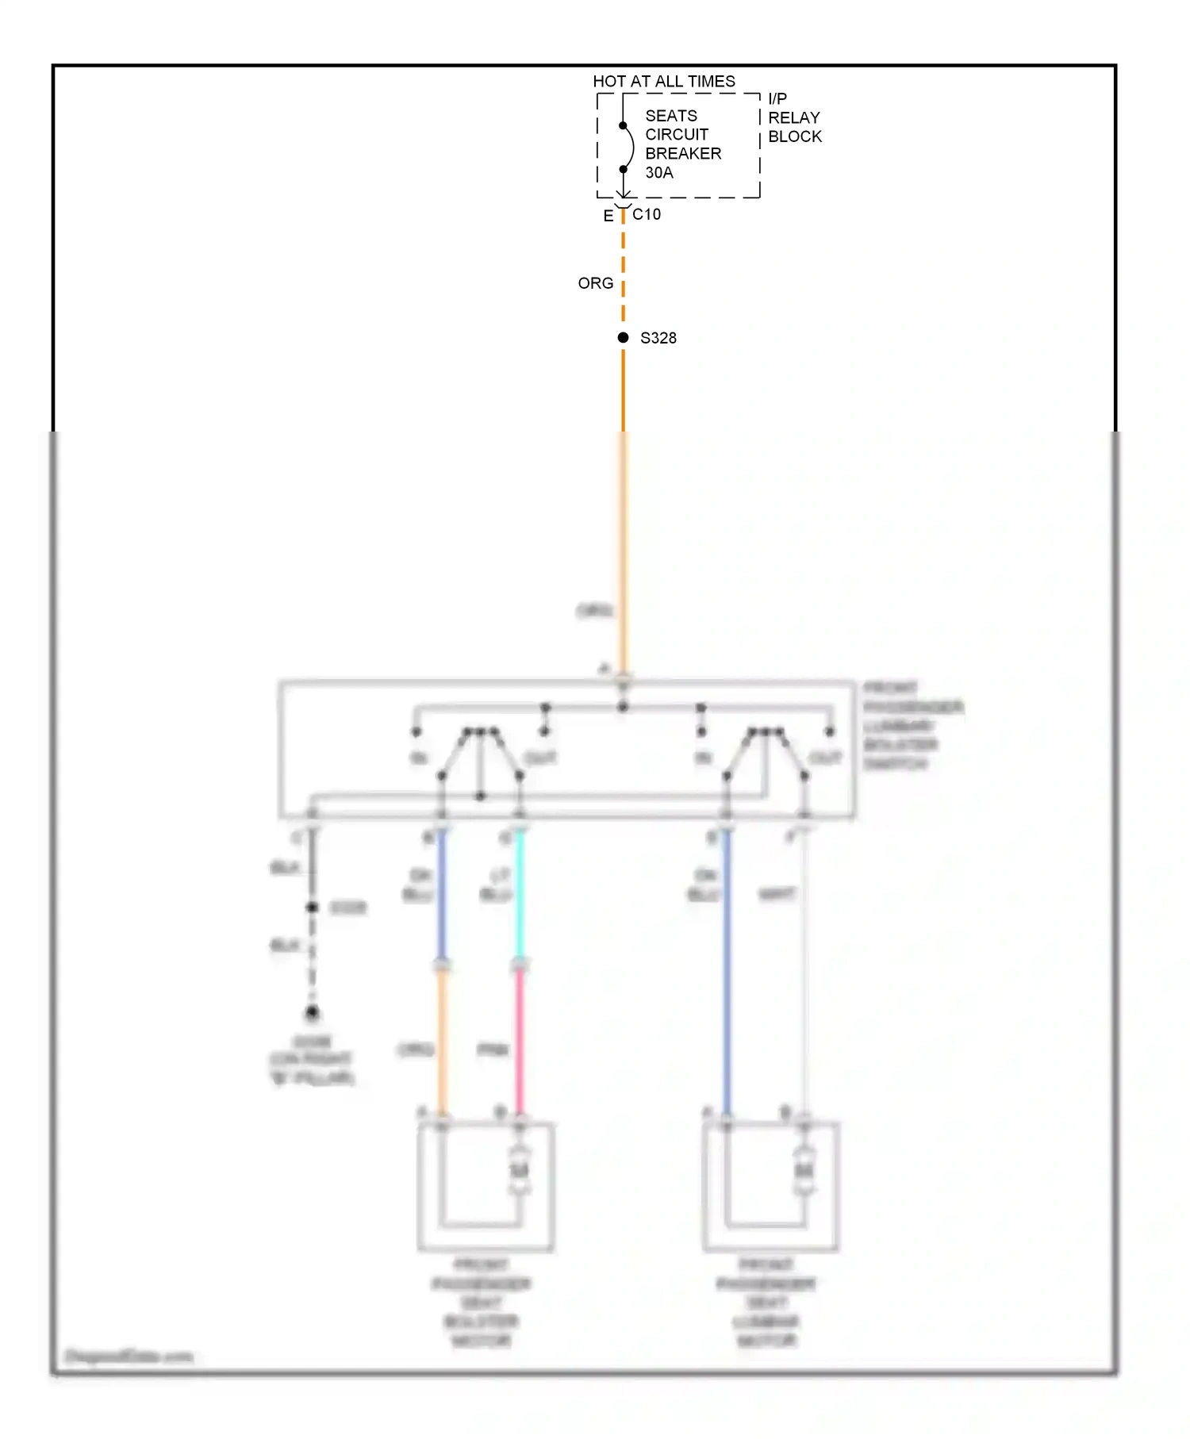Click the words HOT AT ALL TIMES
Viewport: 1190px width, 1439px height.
coord(664,81)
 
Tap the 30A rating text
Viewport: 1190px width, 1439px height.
coord(659,172)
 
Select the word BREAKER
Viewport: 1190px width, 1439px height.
coord(683,153)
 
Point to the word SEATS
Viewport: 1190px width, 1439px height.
coord(671,116)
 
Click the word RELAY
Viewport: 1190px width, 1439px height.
coord(794,117)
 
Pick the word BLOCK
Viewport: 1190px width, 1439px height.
coord(795,136)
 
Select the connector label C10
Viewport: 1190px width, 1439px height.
coord(647,214)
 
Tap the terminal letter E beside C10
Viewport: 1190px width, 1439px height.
coord(608,216)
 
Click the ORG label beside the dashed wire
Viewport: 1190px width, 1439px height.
coord(596,283)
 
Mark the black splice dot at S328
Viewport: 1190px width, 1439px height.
coord(624,338)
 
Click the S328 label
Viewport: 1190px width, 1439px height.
coord(658,338)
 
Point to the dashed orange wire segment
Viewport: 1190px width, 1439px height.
coord(624,270)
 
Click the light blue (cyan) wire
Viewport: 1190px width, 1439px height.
coord(520,896)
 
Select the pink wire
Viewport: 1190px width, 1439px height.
coord(520,1039)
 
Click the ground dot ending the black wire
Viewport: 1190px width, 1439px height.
coord(313,1012)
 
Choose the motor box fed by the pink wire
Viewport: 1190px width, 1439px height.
coord(486,1186)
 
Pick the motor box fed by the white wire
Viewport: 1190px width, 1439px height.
coord(770,1186)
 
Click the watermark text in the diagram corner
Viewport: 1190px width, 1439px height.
coord(129,1356)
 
